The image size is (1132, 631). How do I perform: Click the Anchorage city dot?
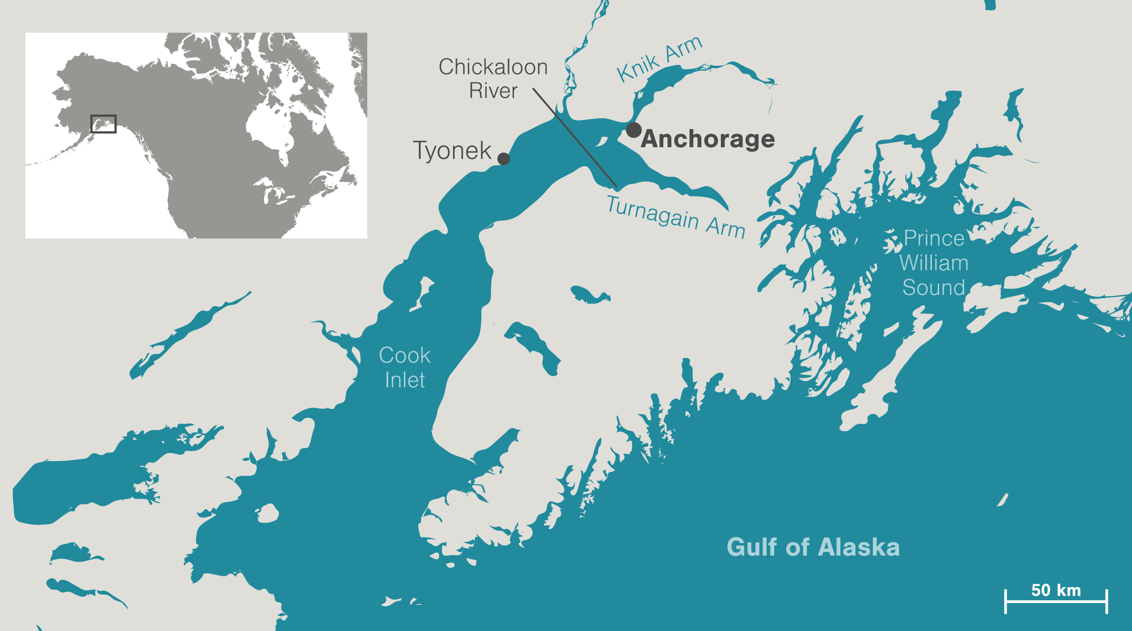tap(633, 130)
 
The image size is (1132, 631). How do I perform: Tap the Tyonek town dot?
tap(504, 159)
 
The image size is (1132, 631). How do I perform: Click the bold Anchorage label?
tap(708, 139)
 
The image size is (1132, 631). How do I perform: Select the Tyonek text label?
tap(452, 151)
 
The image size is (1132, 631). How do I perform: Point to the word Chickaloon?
tap(493, 67)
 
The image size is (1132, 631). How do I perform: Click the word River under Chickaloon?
tap(493, 91)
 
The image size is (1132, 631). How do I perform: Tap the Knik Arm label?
tap(659, 59)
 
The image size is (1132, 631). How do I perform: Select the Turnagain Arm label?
tap(676, 217)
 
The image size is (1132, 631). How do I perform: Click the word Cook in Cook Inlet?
tap(404, 356)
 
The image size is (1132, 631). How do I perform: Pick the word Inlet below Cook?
tap(404, 380)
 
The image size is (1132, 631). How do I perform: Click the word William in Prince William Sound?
tap(933, 263)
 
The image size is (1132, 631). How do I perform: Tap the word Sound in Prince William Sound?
tap(933, 288)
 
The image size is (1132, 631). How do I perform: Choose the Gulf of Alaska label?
tap(813, 547)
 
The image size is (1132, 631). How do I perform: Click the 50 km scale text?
tap(1056, 590)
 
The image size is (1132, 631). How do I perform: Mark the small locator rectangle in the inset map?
tap(103, 124)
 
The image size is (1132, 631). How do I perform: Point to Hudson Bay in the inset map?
tap(267, 127)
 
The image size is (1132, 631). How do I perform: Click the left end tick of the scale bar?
tap(1005, 602)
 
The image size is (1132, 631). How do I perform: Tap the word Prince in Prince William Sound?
tap(934, 238)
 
